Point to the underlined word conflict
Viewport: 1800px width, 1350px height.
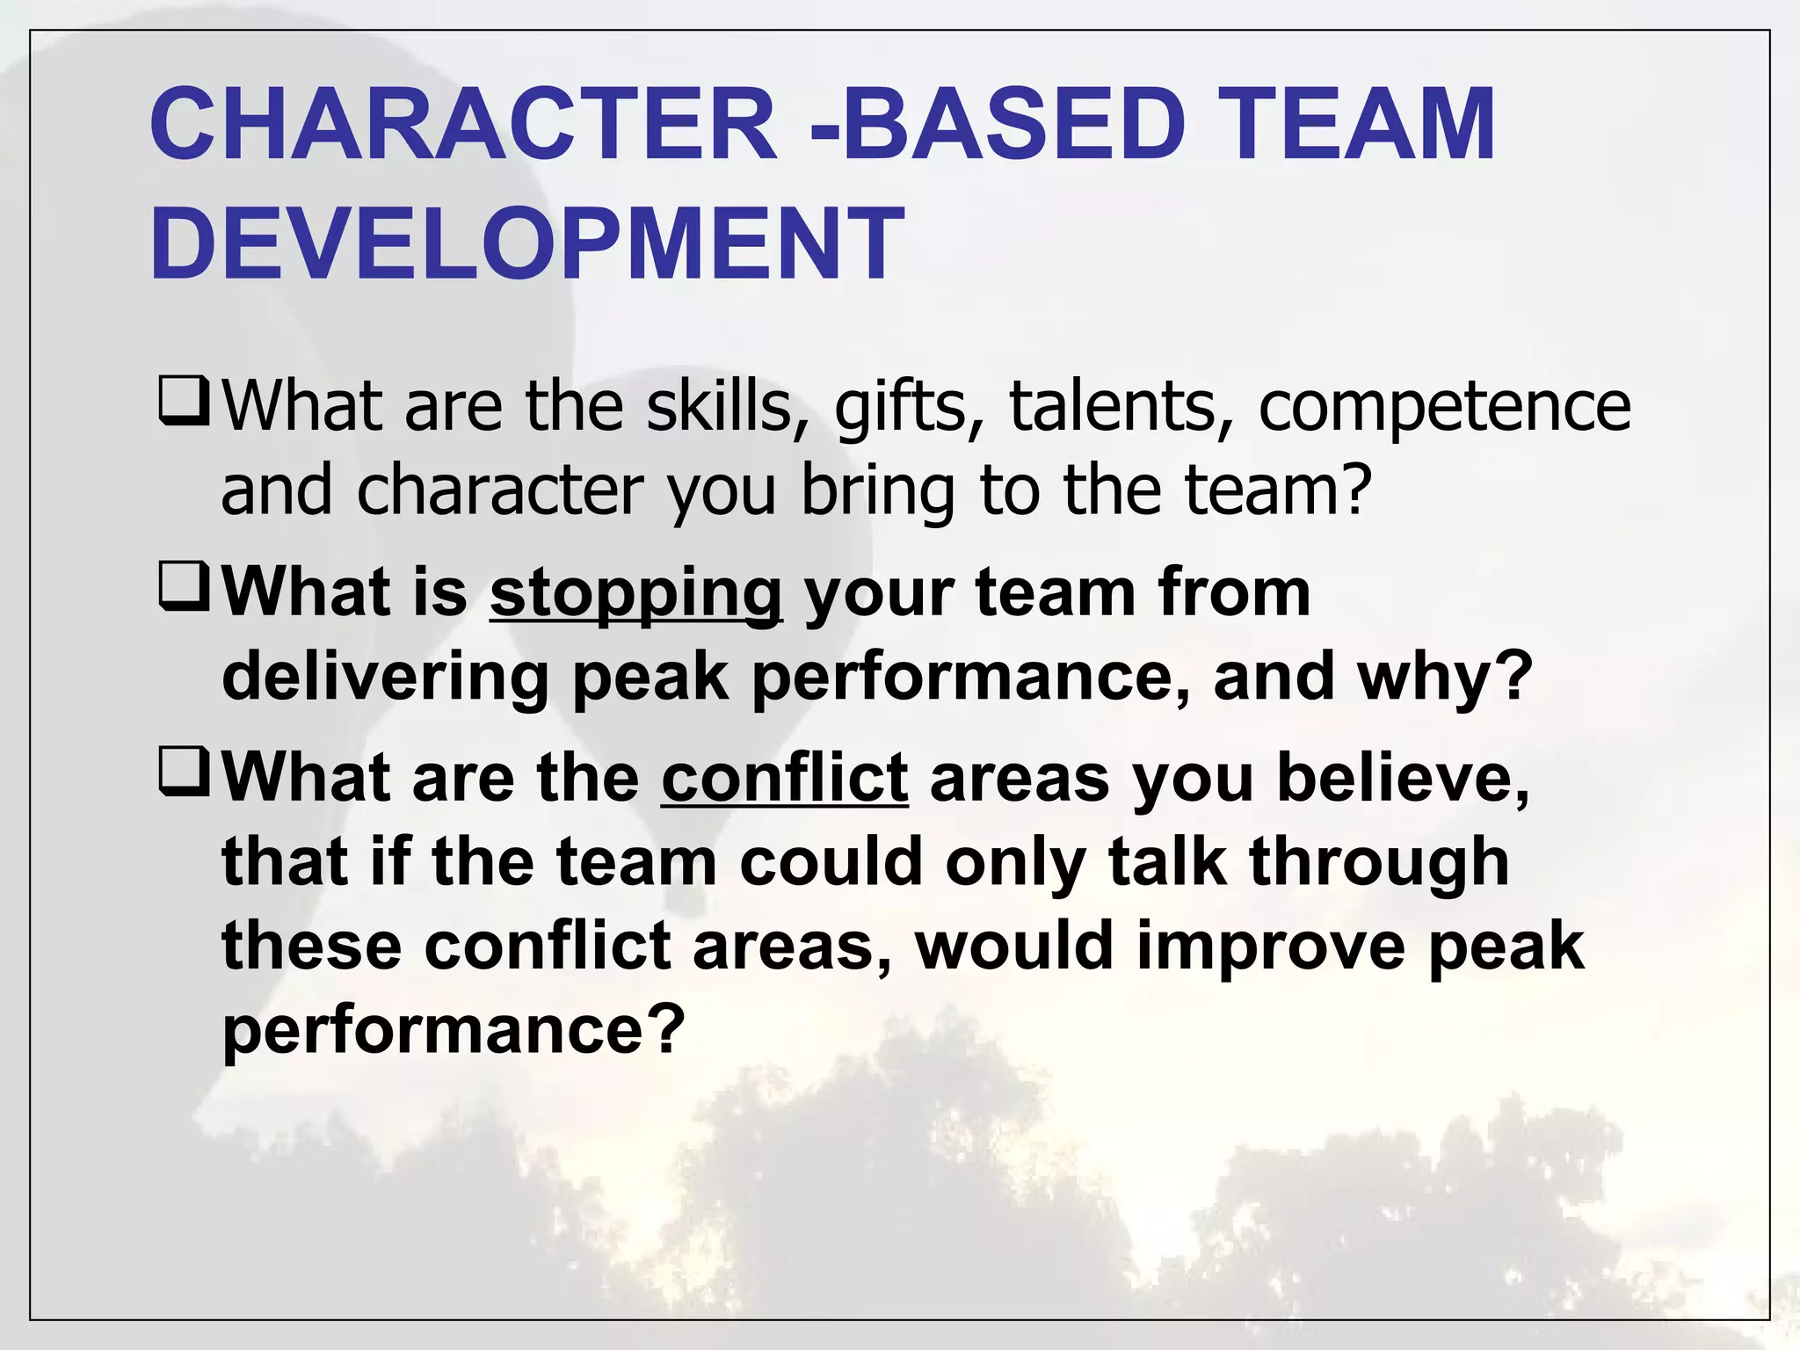[x=784, y=778]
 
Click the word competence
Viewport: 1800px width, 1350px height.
[x=1444, y=409]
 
